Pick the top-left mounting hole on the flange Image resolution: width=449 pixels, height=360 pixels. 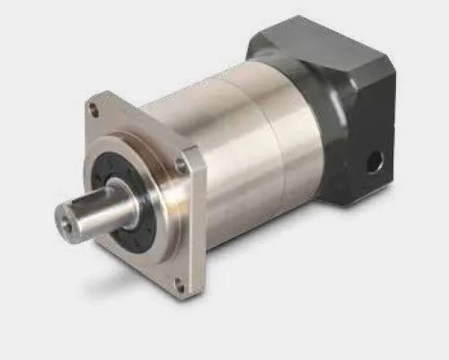93,110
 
